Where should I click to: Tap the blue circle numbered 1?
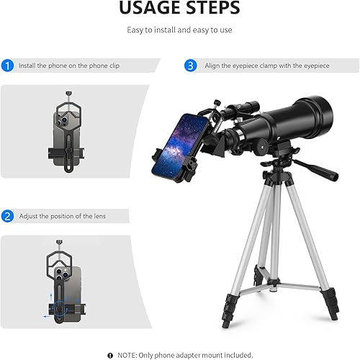click(8, 66)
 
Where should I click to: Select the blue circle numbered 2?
click(8, 216)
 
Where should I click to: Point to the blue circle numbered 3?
click(190, 66)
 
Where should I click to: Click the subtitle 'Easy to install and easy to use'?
click(179, 31)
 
